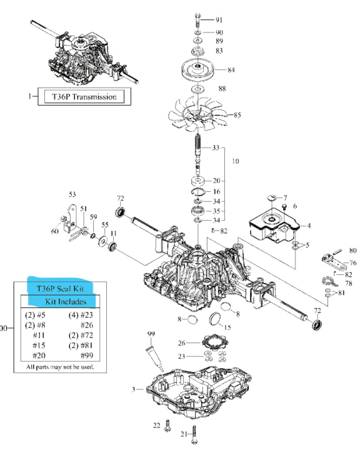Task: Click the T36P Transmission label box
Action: (84, 96)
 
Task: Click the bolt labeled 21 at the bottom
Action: (196, 431)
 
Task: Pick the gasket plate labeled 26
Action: (215, 343)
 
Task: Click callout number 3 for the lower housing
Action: (133, 389)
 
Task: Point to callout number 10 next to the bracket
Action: (234, 161)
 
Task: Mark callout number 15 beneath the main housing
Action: (227, 327)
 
